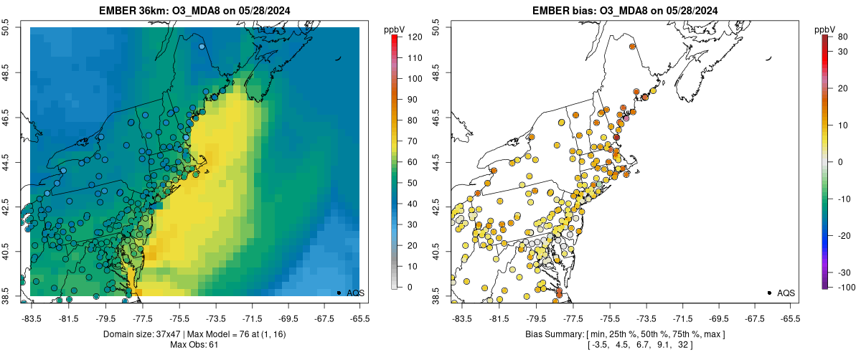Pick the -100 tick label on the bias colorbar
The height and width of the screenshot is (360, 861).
844,288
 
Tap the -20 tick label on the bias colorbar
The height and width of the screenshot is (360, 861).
844,236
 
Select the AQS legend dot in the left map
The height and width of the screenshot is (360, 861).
339,293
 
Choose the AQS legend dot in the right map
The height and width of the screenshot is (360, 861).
769,293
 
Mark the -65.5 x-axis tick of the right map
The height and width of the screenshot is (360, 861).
789,318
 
